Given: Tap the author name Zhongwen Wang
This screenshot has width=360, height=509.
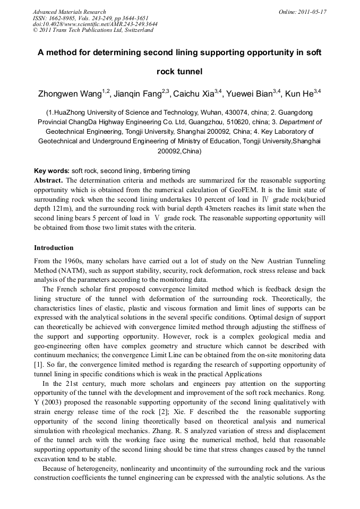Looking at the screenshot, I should (70, 94).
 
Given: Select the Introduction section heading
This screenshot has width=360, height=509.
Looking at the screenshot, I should (54, 248).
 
